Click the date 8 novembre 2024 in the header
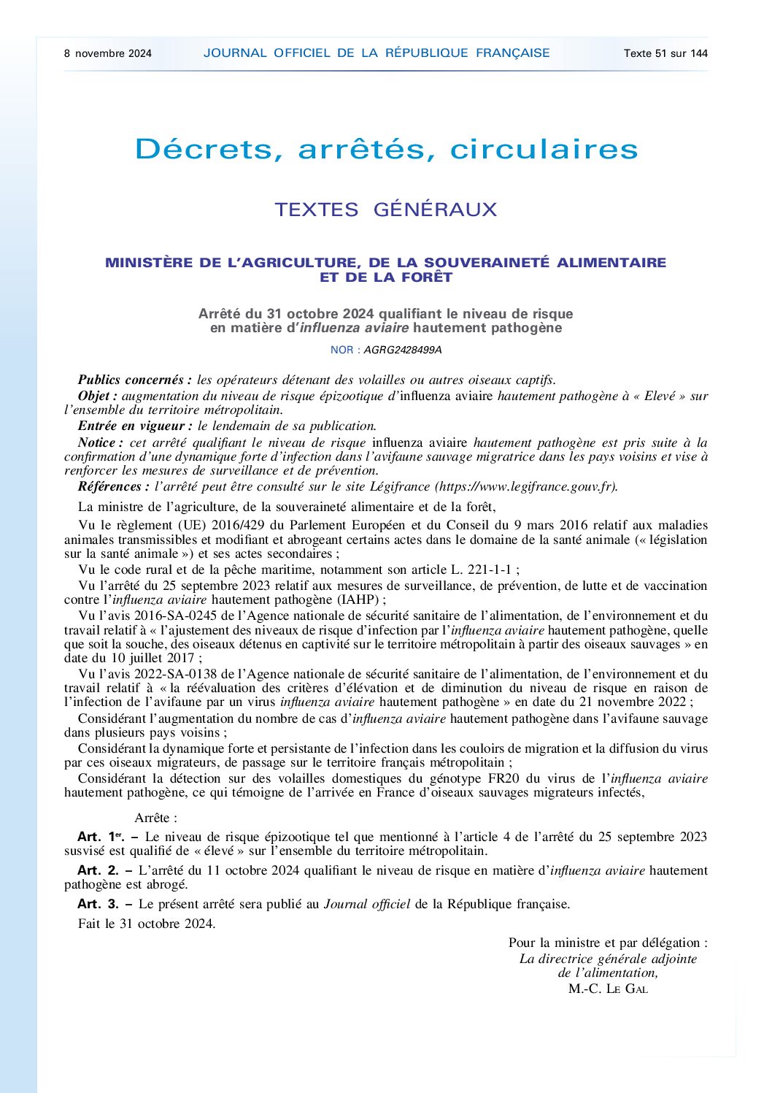click(108, 53)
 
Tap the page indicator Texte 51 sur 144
click(665, 53)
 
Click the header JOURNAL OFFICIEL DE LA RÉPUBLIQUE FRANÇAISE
click(377, 53)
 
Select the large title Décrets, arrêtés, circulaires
click(386, 150)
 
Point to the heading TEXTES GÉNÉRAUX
click(385, 210)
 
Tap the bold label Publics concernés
click(135, 380)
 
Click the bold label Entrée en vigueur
click(136, 426)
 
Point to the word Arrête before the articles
click(155, 818)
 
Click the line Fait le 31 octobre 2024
click(147, 924)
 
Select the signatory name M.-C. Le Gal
click(608, 989)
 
